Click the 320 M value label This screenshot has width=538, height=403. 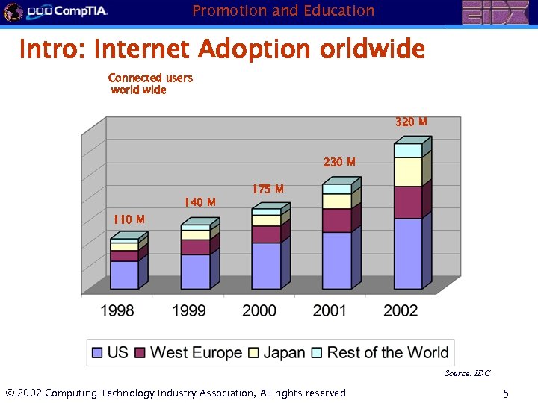click(411, 122)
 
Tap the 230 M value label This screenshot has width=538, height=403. click(339, 162)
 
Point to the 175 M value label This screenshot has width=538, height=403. click(268, 190)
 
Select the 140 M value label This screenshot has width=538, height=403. click(200, 202)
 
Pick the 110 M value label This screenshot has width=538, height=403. click(129, 219)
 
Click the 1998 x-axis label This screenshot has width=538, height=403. click(118, 310)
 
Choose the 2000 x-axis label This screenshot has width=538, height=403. click(259, 310)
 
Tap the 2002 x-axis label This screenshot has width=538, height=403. click(401, 310)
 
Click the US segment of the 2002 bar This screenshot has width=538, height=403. click(408, 254)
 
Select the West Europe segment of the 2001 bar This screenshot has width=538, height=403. click(337, 221)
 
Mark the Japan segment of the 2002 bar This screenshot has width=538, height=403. click(408, 172)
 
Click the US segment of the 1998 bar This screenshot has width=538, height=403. click(124, 275)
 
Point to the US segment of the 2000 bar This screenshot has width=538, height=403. click(266, 266)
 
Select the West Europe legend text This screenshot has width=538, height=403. click(196, 353)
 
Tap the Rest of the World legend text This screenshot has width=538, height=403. click(387, 353)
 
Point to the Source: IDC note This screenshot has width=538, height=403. click(467, 373)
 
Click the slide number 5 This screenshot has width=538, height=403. click(506, 393)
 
